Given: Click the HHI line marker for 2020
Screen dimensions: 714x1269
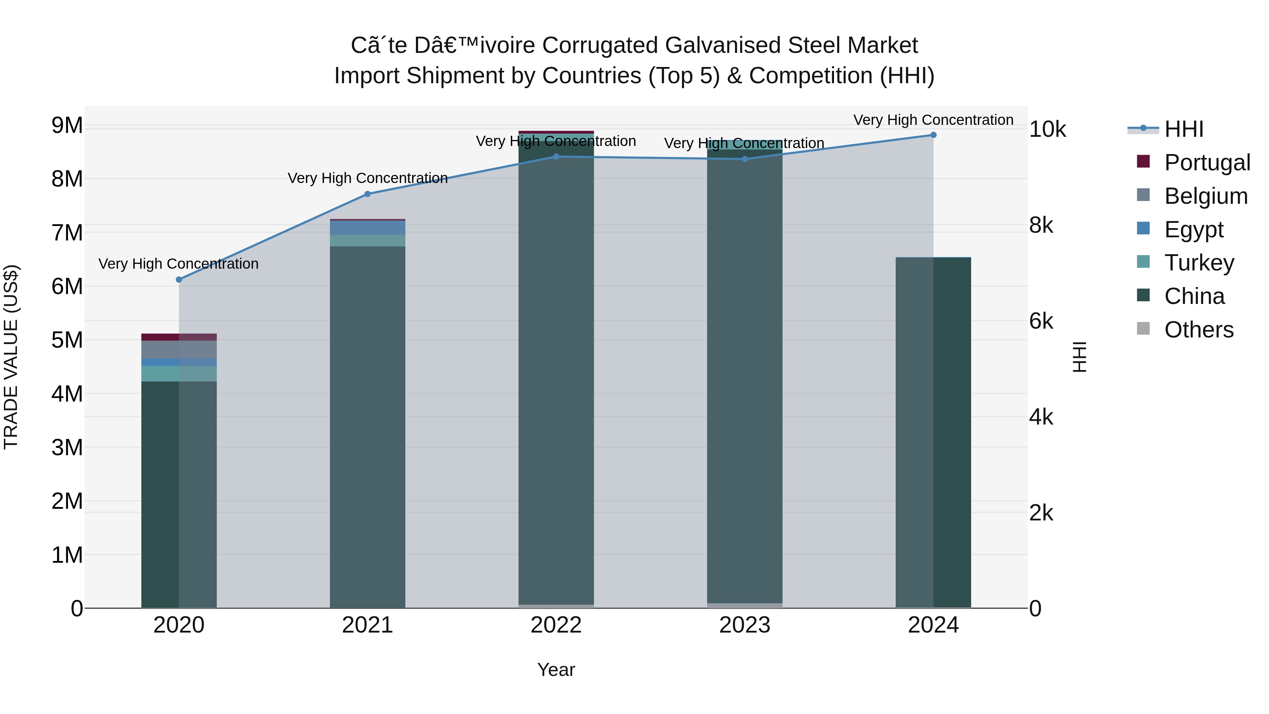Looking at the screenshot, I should pos(179,279).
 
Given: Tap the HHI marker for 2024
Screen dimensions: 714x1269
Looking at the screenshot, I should pos(933,135).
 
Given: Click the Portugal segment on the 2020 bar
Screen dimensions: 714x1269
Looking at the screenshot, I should pos(179,337).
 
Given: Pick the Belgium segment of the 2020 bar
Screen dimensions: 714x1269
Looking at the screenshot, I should pos(179,349).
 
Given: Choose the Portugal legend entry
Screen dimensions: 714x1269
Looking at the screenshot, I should pos(1207,163).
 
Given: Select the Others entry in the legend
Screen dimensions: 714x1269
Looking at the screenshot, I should pos(1198,330).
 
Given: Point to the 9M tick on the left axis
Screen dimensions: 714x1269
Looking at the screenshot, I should pos(67,125).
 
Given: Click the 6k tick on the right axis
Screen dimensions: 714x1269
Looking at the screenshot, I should pos(1041,321).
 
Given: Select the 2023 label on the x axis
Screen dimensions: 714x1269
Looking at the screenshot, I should pos(744,625).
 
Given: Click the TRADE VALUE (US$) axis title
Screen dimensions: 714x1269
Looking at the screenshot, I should pos(11,357).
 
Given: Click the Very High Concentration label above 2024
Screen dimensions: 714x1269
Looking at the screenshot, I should pos(933,120).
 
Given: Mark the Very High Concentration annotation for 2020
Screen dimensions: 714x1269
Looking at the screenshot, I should pos(178,264).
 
